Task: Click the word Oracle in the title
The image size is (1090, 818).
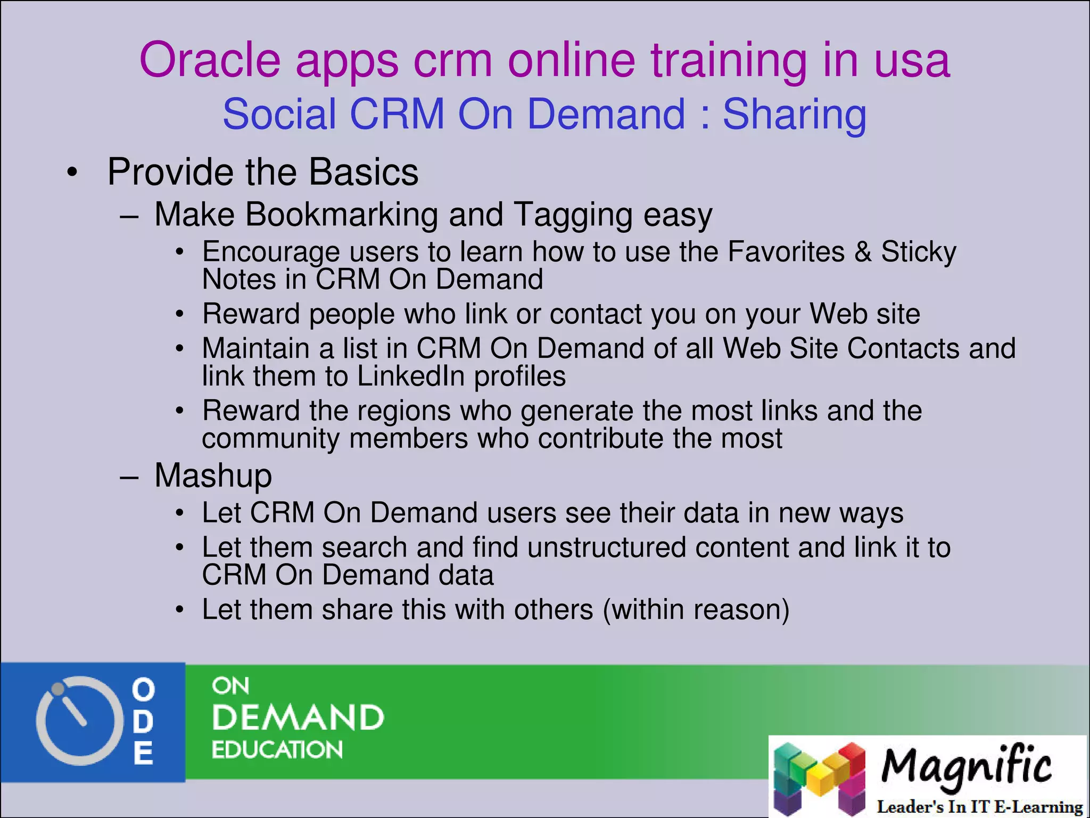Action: [209, 60]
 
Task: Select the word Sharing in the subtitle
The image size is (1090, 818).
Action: [794, 115]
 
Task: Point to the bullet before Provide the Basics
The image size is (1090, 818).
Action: [72, 173]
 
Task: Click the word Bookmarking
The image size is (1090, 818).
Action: [342, 215]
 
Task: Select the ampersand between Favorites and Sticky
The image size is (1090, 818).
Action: [863, 251]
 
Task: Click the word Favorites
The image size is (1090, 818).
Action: [786, 251]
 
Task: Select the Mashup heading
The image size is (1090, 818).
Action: [213, 476]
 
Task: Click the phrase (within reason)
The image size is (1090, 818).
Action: [696, 610]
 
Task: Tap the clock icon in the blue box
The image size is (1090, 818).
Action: [76, 721]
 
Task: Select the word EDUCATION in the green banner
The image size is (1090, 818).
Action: [277, 750]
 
